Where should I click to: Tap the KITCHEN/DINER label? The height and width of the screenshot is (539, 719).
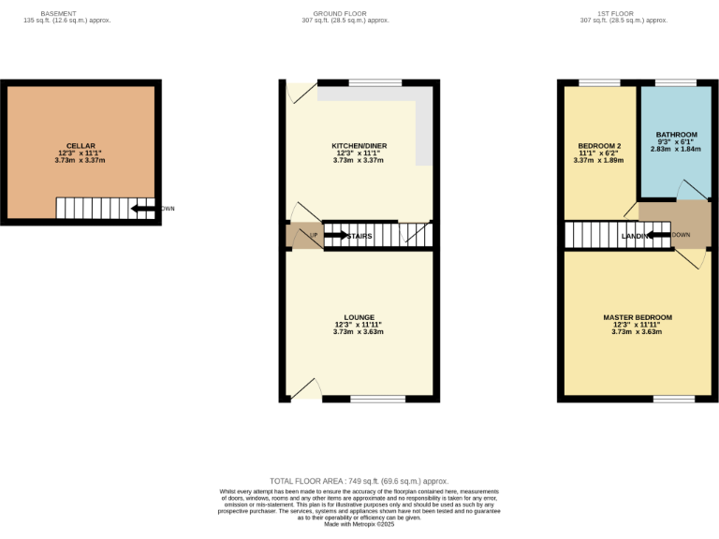point(359,147)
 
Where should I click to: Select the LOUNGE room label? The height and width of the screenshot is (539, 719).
point(359,317)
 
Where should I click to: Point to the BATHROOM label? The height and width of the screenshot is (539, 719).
point(676,135)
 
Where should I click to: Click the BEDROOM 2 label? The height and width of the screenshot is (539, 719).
point(599,147)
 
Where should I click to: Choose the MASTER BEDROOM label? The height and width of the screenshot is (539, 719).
point(637,317)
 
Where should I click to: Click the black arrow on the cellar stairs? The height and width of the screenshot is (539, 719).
point(142,209)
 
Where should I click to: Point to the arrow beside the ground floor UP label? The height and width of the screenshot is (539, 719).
point(334,236)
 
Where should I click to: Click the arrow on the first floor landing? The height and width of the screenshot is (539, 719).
point(659,235)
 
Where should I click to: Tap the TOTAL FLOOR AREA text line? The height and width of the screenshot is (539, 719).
point(359,480)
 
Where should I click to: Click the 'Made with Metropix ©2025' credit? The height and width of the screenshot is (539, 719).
point(359,525)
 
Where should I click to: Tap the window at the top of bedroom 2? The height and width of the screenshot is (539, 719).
point(593,83)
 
